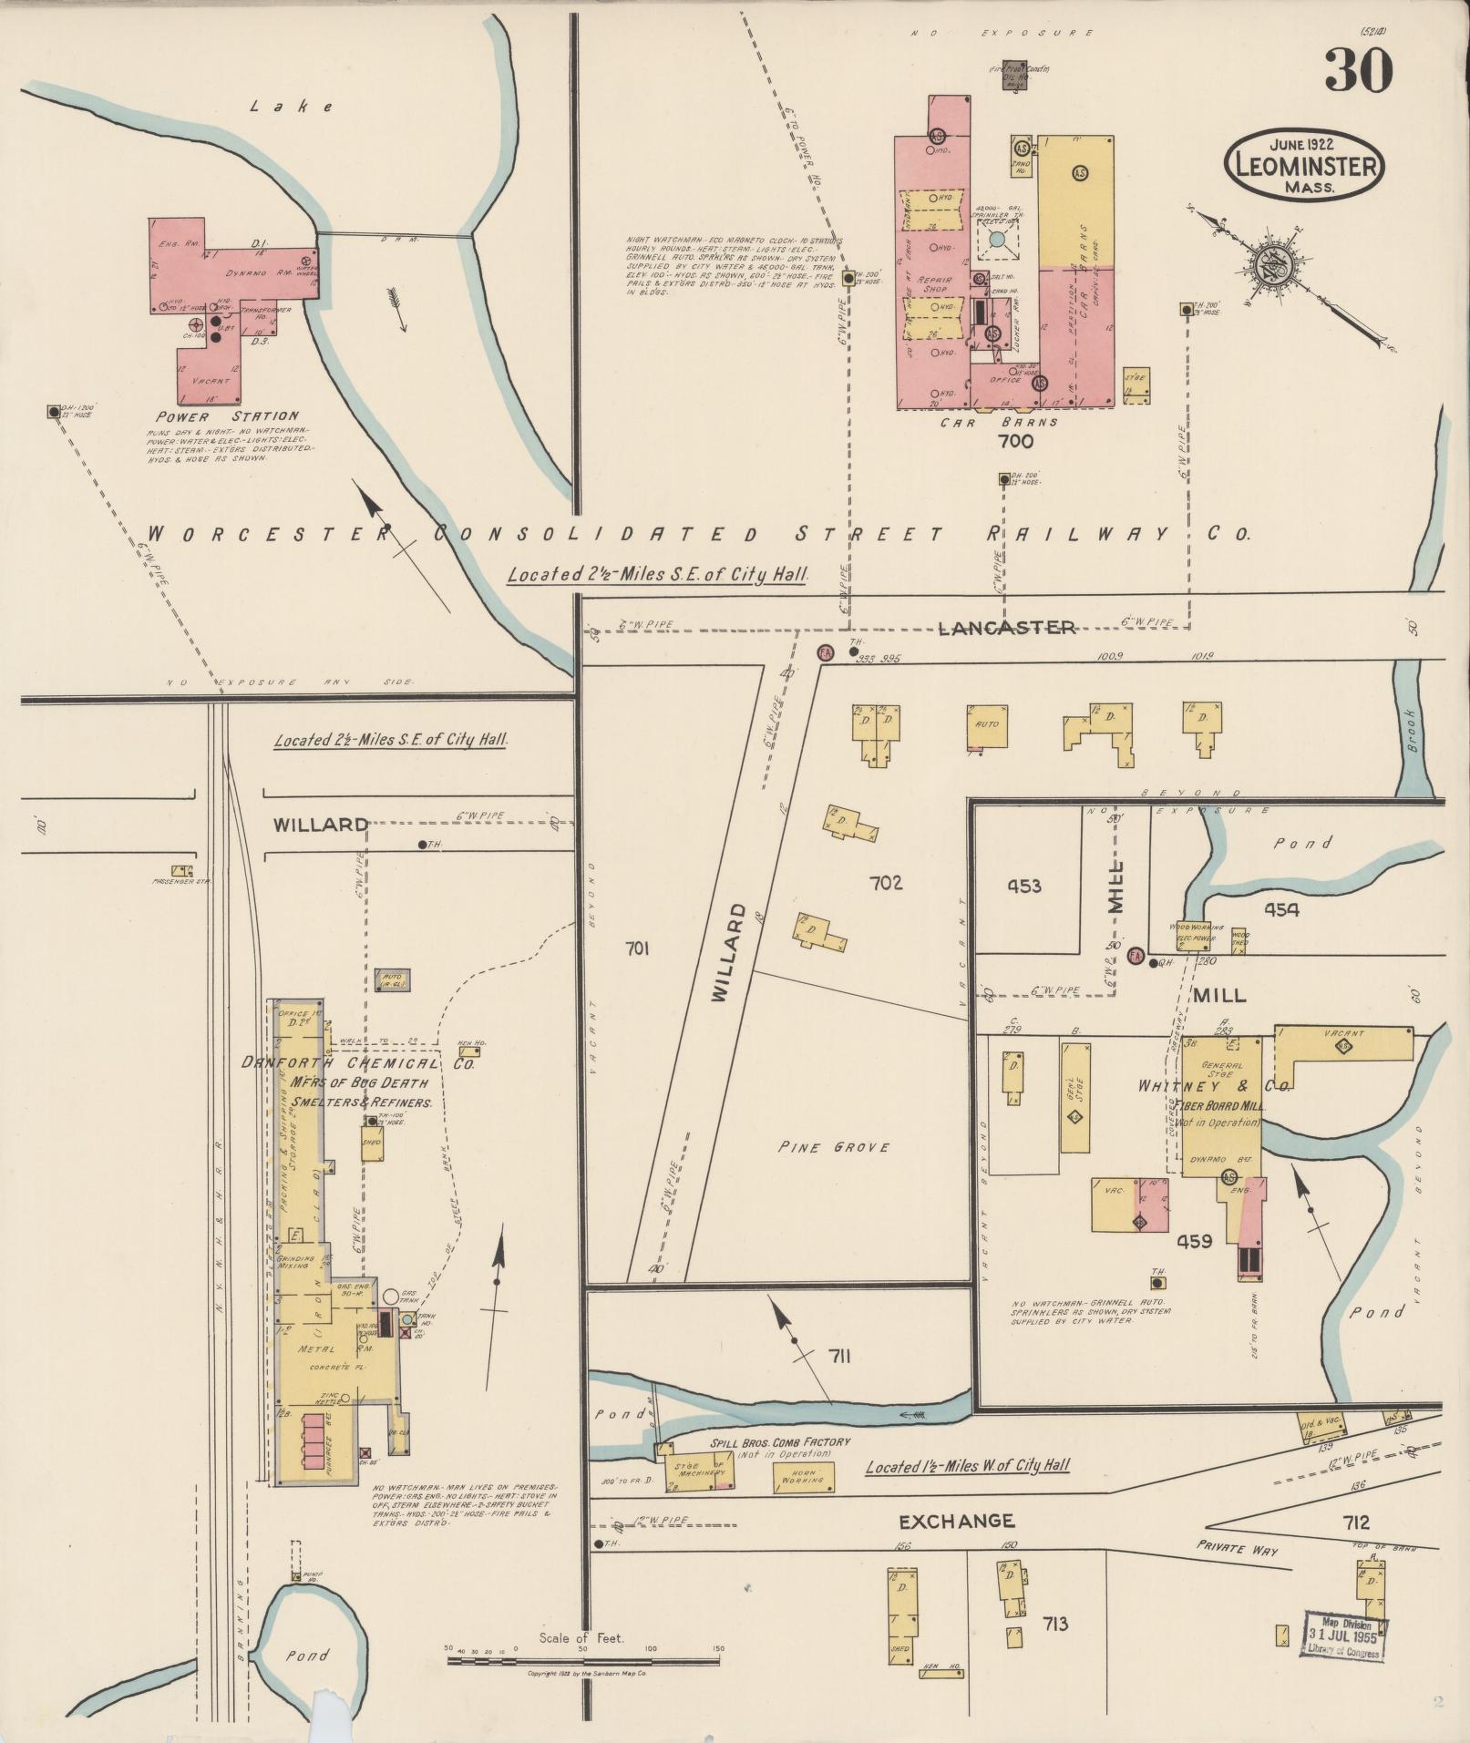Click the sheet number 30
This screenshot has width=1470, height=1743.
pyautogui.click(x=1359, y=69)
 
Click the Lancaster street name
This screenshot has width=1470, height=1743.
pyautogui.click(x=1007, y=628)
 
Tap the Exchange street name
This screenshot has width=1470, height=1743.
pyautogui.click(x=956, y=1521)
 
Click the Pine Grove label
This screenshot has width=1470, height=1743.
pyautogui.click(x=834, y=1147)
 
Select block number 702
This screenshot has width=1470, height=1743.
pyautogui.click(x=885, y=882)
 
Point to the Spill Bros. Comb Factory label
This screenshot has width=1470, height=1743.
pyautogui.click(x=780, y=1442)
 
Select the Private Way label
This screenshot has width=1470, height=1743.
pyautogui.click(x=1237, y=1549)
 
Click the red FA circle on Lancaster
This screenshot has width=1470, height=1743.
pyautogui.click(x=826, y=652)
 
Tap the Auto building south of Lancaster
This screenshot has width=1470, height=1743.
pyautogui.click(x=988, y=726)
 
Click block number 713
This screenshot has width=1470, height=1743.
pyautogui.click(x=1054, y=1624)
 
